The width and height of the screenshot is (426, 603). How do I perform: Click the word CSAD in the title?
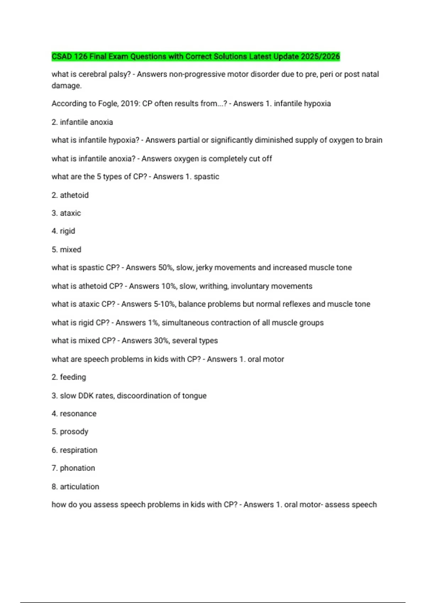[x=62, y=56]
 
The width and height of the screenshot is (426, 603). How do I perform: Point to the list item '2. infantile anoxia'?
[x=82, y=122]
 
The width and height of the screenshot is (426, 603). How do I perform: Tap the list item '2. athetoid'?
[x=70, y=195]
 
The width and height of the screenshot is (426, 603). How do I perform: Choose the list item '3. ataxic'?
[x=66, y=213]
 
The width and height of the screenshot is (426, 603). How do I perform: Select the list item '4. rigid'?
[x=63, y=231]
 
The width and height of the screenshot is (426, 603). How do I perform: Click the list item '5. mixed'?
[x=66, y=250]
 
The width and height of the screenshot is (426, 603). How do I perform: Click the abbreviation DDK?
[x=86, y=395]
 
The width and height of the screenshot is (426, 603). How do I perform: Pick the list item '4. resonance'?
[x=74, y=414]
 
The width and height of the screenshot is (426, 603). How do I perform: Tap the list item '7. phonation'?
[x=73, y=468]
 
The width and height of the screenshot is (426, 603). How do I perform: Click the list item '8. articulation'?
[x=75, y=487]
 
